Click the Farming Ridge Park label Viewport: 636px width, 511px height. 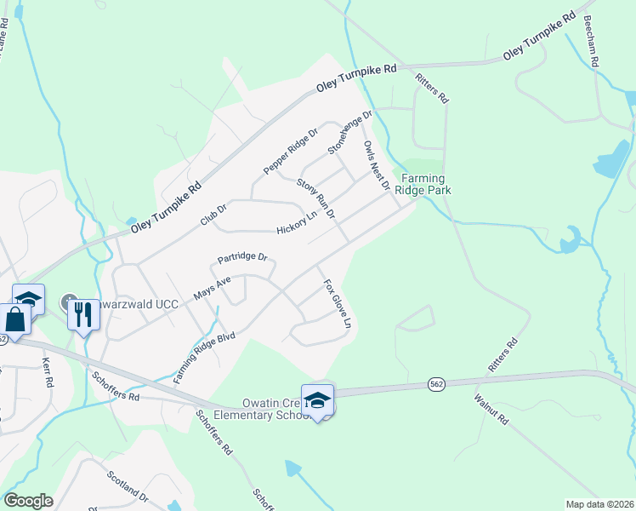click(x=426, y=184)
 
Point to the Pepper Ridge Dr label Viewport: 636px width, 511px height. click(x=290, y=152)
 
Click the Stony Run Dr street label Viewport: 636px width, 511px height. click(x=316, y=198)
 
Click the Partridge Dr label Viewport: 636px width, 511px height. click(x=242, y=256)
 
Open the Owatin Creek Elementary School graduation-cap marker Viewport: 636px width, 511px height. click(x=318, y=399)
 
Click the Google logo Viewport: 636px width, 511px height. click(x=28, y=501)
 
